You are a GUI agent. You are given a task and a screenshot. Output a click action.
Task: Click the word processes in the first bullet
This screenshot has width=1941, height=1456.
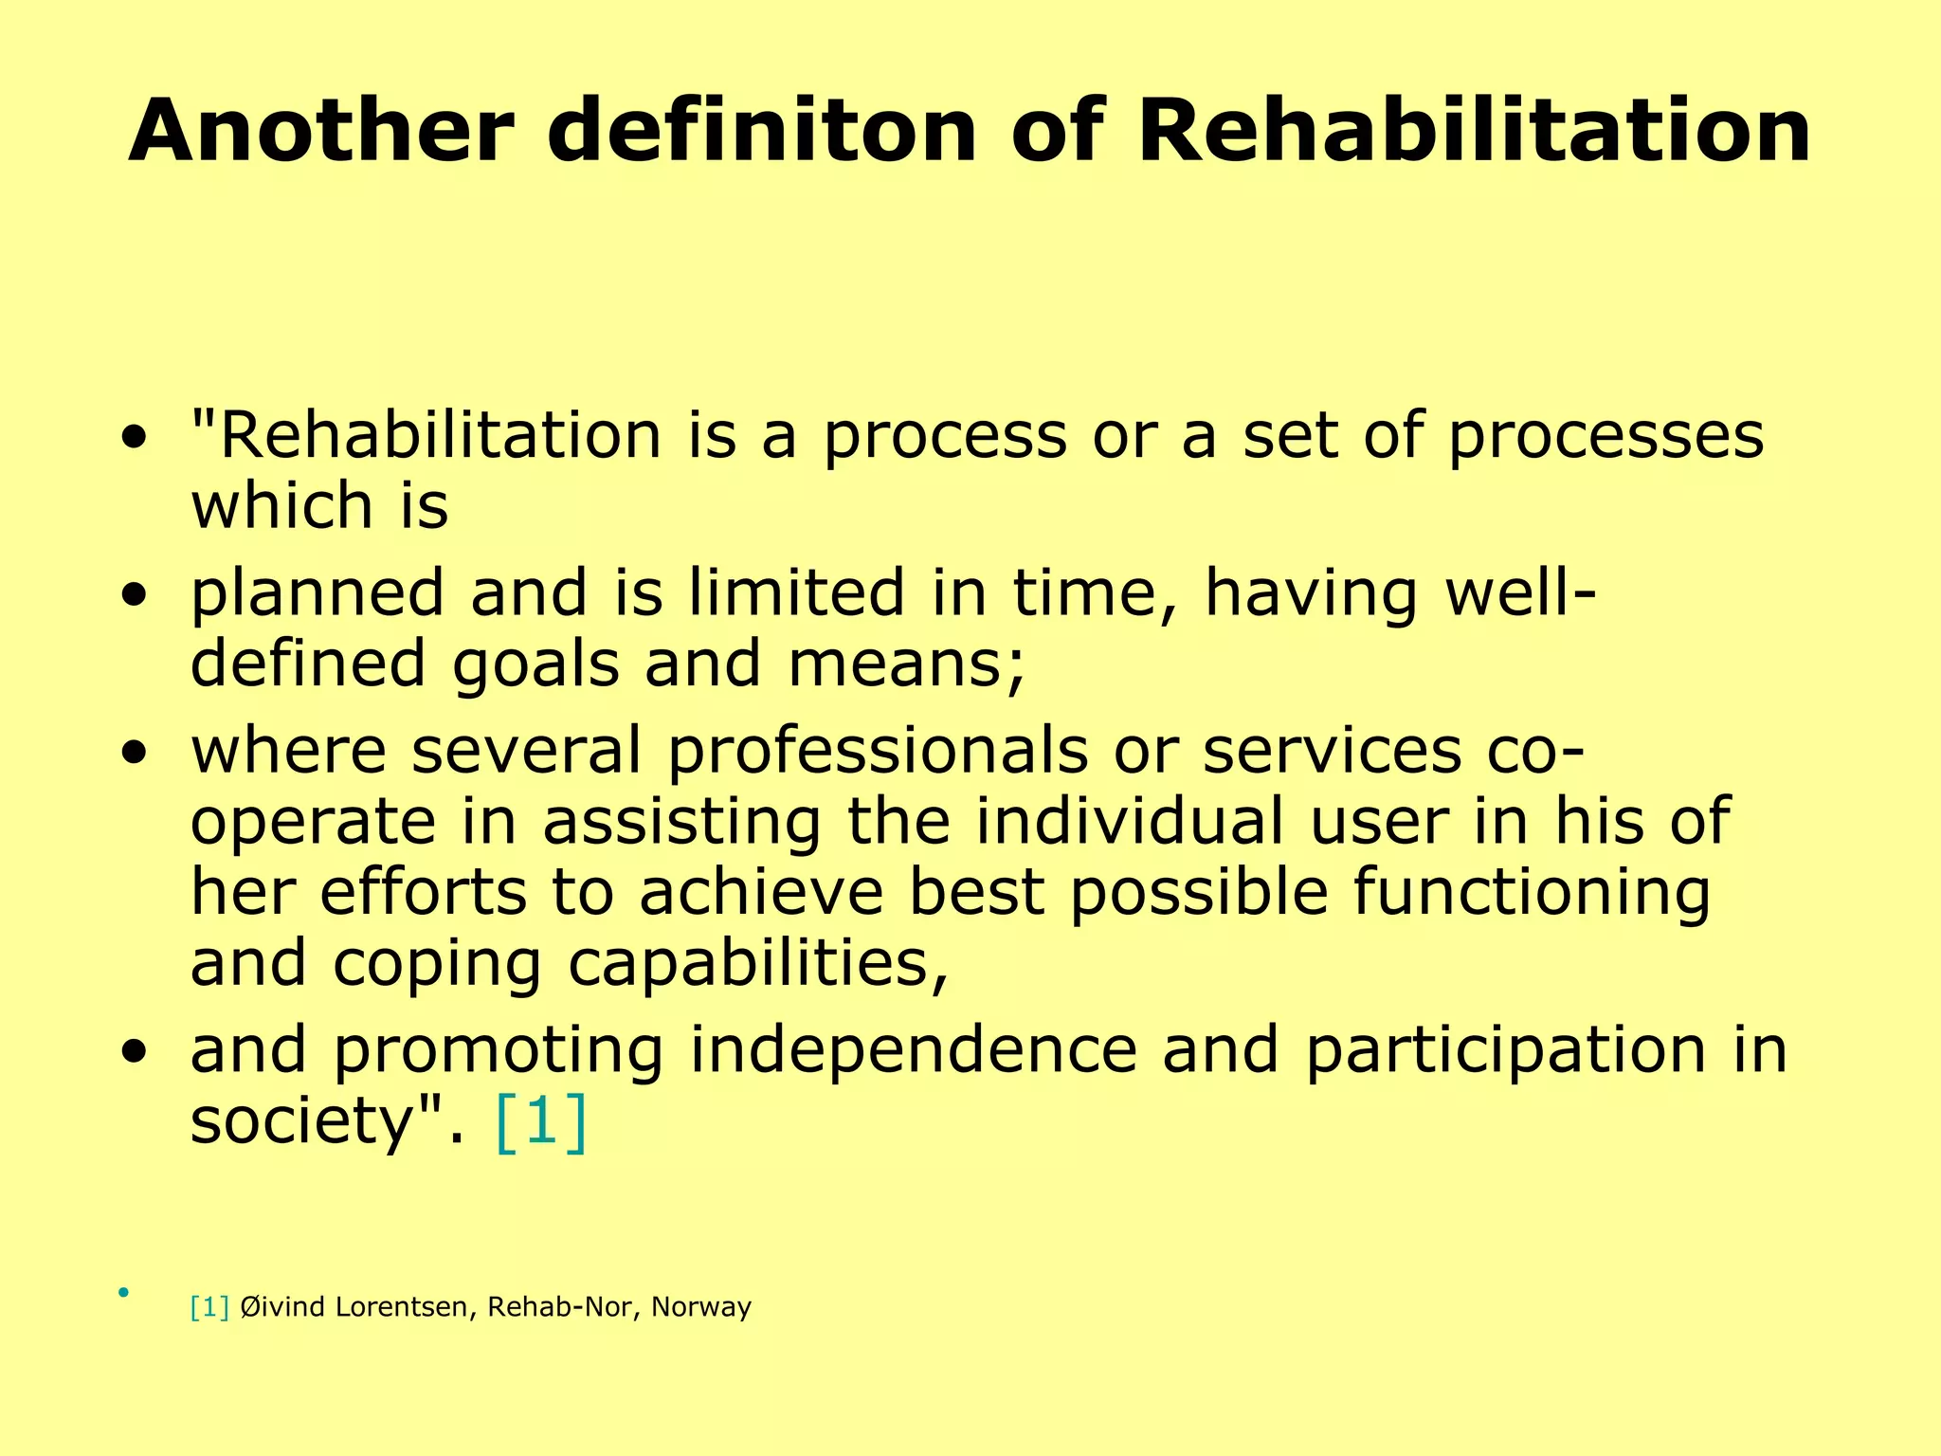coord(1605,437)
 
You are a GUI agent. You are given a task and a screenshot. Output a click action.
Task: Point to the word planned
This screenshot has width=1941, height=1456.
coord(317,594)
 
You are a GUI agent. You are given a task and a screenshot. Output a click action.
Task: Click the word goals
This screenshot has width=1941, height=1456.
coord(535,665)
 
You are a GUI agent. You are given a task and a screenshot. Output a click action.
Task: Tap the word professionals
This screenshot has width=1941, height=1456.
coord(878,750)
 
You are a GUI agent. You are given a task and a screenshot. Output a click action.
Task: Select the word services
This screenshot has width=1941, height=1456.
coord(1332,750)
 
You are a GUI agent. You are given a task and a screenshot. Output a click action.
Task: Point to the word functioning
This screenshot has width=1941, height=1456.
coord(1532,894)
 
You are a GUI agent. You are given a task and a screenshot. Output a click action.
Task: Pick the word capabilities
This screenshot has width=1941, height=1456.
coord(757,965)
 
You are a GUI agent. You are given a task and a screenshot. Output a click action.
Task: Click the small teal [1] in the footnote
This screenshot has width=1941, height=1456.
coord(209,1307)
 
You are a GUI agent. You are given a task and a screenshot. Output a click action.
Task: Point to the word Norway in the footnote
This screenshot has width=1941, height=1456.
coord(701,1308)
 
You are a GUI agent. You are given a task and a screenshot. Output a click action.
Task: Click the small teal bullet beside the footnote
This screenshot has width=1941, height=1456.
coord(123,1292)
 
